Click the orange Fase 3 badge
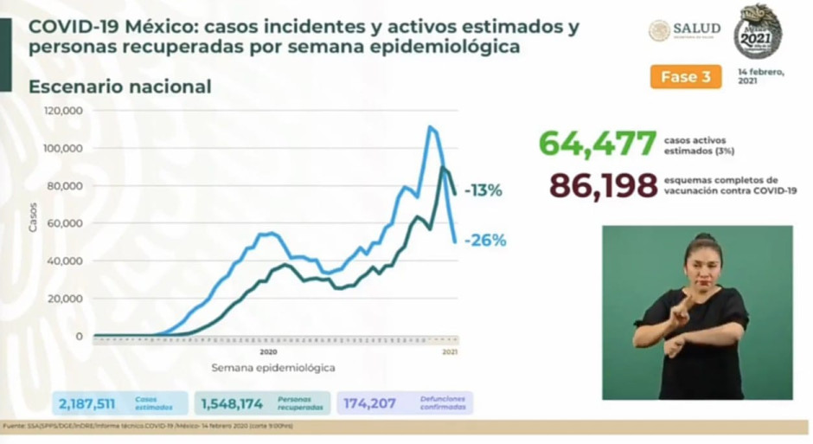tap(685, 77)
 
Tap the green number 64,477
tap(597, 144)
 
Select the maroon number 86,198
tap(604, 184)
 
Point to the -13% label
tap(483, 190)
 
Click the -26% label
tap(484, 241)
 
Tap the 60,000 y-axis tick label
tap(65, 223)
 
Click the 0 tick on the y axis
tap(79, 336)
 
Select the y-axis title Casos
tap(33, 216)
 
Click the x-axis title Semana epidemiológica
tap(272, 368)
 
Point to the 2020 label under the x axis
tap(268, 352)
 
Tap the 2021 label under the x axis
tap(450, 352)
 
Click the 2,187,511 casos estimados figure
tap(87, 403)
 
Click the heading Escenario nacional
tap(119, 87)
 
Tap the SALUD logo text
tap(696, 29)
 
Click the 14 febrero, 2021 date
tap(761, 76)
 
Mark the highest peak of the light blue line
tap(429, 127)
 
